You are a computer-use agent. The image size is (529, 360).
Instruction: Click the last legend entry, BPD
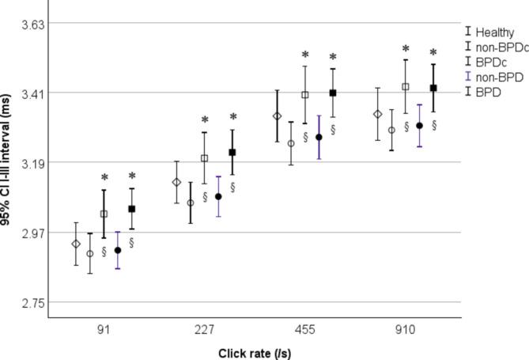489,92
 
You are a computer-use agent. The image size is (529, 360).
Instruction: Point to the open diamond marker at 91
76,244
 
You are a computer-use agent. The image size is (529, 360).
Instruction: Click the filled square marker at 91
132,209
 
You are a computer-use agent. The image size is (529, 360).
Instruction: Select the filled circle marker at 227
218,196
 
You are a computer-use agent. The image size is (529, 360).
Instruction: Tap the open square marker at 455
304,95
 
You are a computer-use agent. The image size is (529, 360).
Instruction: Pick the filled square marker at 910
433,88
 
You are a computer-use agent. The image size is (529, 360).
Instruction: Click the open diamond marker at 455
277,116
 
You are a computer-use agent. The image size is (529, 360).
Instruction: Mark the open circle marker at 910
391,130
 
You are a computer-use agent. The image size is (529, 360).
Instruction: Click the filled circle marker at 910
420,126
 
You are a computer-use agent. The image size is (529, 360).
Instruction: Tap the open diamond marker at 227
176,183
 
